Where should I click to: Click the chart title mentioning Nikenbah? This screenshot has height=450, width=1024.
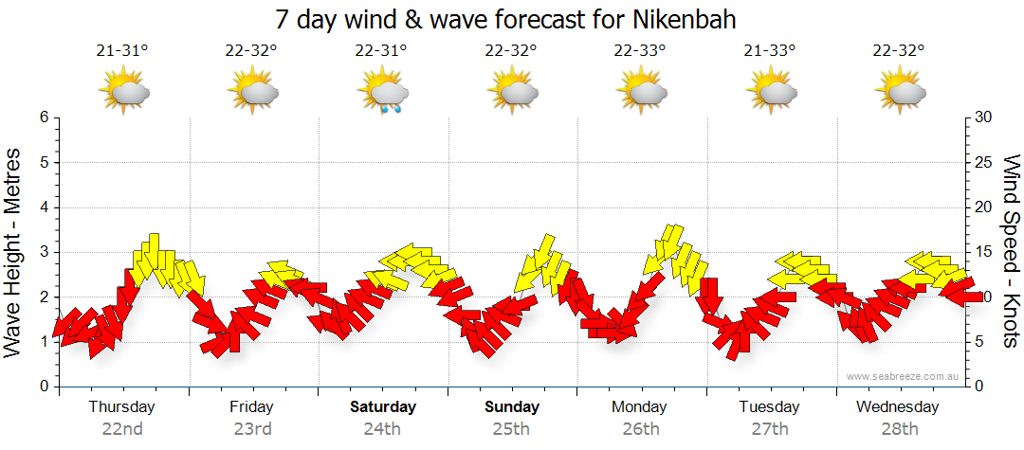(x=505, y=19)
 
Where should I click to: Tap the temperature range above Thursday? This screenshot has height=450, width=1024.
(x=122, y=50)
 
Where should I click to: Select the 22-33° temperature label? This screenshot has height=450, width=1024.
(x=640, y=50)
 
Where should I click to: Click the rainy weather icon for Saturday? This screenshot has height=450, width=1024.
(x=382, y=93)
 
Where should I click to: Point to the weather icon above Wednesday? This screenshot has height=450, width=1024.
(x=900, y=92)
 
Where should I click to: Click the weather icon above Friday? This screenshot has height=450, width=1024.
(x=252, y=92)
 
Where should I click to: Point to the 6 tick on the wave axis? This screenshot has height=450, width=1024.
(x=43, y=117)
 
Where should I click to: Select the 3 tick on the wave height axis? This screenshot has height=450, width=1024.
(x=43, y=252)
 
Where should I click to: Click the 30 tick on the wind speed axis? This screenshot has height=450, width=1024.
(x=983, y=117)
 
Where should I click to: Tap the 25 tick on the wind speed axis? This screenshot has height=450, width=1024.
(x=983, y=162)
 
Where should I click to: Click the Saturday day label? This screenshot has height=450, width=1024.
(x=382, y=407)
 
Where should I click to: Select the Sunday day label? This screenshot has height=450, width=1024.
(x=511, y=407)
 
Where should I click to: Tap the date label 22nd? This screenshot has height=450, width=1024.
(x=122, y=429)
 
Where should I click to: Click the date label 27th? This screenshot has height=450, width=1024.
(x=770, y=429)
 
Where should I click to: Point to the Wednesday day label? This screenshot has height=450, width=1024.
(x=897, y=407)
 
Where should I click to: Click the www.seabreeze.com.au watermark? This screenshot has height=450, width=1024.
(x=904, y=376)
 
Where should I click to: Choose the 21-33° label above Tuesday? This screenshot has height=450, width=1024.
(x=770, y=50)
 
